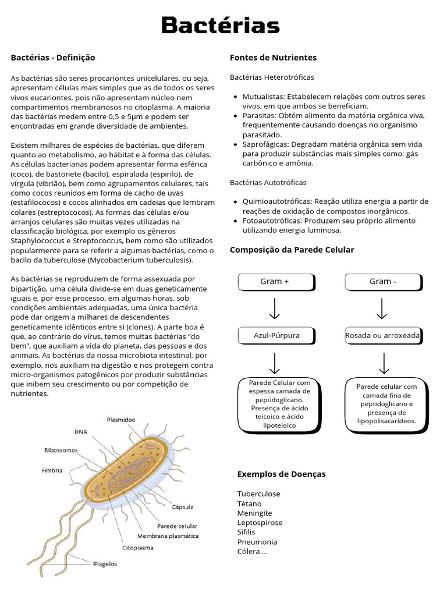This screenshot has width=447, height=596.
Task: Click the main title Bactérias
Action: (221, 26)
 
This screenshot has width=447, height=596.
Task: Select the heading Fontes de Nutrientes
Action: (273, 58)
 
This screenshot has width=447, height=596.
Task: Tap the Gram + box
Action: (275, 282)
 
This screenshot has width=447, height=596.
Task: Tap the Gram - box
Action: (382, 282)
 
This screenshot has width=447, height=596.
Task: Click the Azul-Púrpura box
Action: (276, 336)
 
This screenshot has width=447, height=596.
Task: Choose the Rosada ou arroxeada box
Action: (382, 336)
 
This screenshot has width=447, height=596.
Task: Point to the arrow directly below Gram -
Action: (382, 308)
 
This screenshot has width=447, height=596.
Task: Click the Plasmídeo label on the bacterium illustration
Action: (121, 419)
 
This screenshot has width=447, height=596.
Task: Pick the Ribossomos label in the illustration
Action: (61, 450)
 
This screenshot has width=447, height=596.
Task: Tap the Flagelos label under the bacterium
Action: (105, 563)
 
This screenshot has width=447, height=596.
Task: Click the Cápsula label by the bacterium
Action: (182, 507)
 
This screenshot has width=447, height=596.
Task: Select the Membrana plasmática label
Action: (168, 535)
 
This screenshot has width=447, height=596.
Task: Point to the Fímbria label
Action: (52, 470)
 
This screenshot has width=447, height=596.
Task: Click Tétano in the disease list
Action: (249, 503)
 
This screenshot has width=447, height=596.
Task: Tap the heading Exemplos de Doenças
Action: (281, 474)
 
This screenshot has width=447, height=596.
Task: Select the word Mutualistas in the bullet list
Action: (263, 97)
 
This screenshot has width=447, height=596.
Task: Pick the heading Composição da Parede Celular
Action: (292, 250)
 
